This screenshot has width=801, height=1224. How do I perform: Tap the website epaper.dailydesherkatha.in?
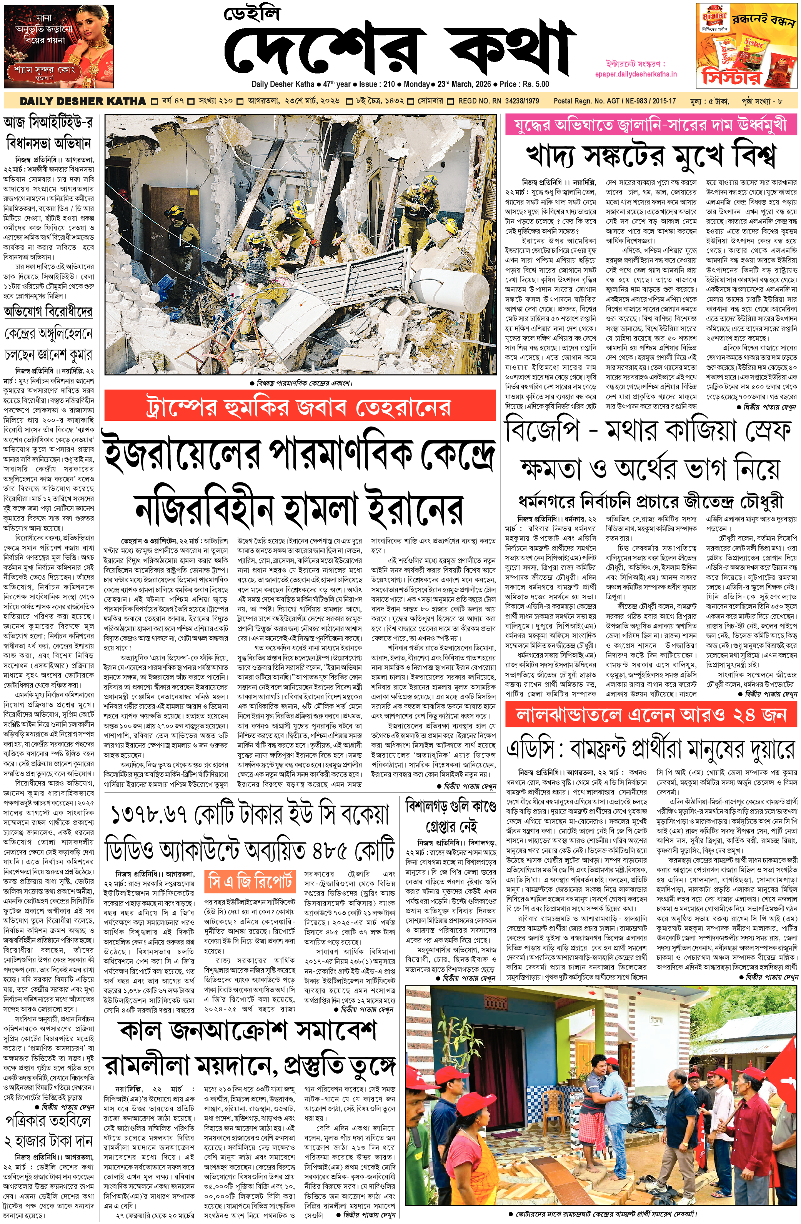click(x=635, y=74)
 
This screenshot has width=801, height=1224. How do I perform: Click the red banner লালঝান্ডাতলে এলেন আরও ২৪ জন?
click(x=650, y=715)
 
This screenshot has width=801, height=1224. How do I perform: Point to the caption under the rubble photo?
click(x=301, y=383)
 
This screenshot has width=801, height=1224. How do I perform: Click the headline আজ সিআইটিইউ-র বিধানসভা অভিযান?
click(x=49, y=132)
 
